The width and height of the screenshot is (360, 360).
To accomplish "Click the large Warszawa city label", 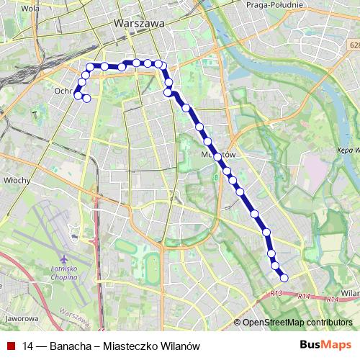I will click(140, 23).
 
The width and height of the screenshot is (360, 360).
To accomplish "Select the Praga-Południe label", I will click(273, 5).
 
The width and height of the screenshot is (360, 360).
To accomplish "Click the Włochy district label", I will click(15, 180).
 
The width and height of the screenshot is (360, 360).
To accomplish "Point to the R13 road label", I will click(277, 293).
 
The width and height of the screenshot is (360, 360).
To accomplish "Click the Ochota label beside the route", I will click(63, 91).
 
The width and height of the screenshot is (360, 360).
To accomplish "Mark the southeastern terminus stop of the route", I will click(284, 277).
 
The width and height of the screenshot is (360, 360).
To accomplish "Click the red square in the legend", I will click(9, 346).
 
